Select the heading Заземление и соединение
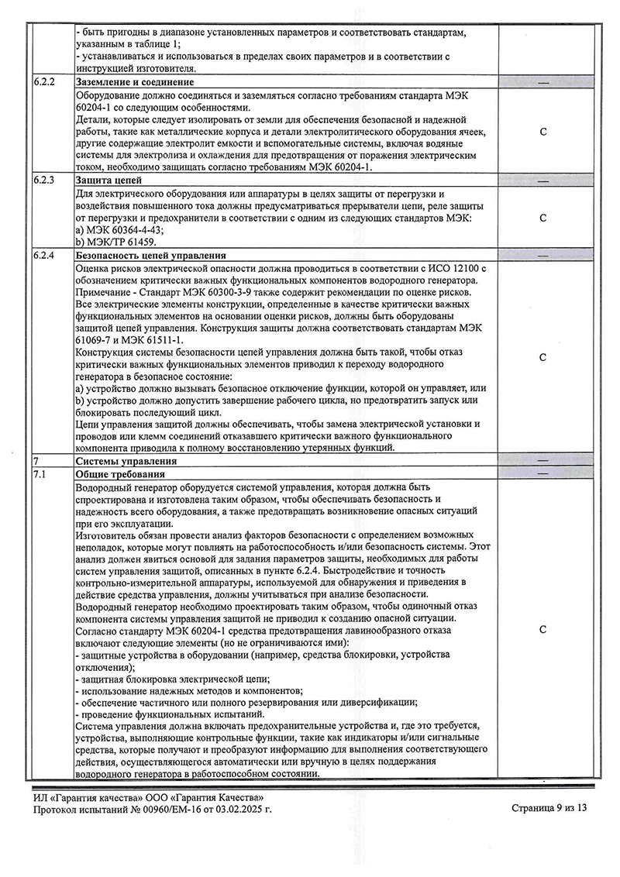134,81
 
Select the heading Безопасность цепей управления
150,254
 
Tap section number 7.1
40,473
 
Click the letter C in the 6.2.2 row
542,131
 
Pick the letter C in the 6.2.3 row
542,218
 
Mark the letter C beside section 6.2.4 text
542,357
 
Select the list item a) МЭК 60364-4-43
124,230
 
